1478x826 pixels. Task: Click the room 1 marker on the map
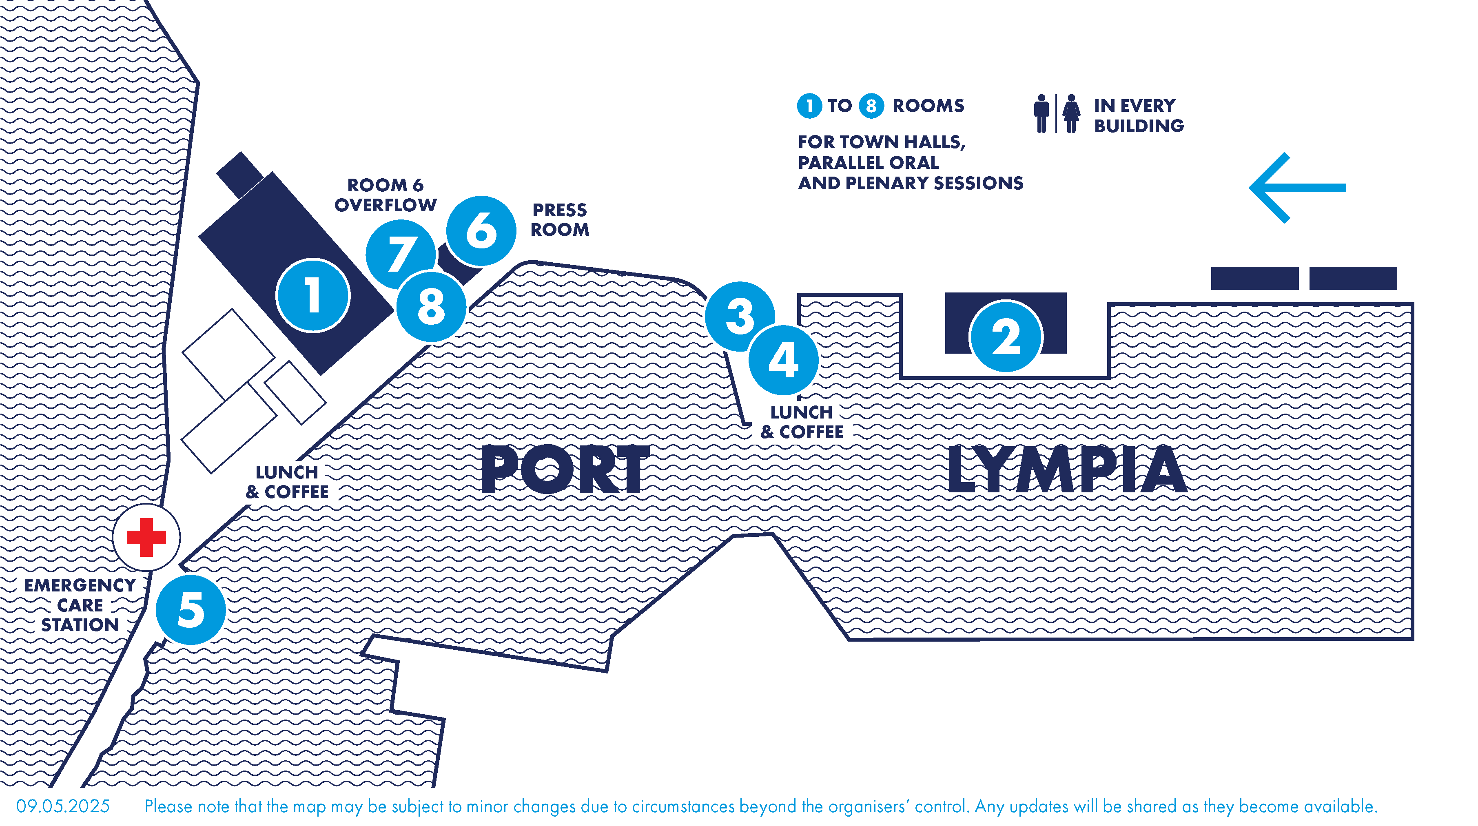tap(313, 295)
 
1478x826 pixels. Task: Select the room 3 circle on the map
tap(740, 316)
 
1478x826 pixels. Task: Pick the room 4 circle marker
tap(783, 360)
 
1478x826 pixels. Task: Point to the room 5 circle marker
tap(191, 610)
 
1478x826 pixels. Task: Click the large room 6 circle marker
tap(481, 230)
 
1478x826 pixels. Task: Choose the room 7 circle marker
tap(400, 254)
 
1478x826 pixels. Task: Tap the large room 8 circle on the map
tap(431, 307)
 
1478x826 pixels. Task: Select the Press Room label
tap(559, 220)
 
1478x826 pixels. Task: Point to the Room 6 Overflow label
tap(386, 195)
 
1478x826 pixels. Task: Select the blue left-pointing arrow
tap(1297, 188)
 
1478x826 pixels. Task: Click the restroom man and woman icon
tap(1056, 113)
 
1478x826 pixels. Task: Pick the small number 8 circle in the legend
tap(871, 106)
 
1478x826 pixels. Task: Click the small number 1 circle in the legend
tap(809, 106)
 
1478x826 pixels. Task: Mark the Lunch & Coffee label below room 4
tap(802, 422)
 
